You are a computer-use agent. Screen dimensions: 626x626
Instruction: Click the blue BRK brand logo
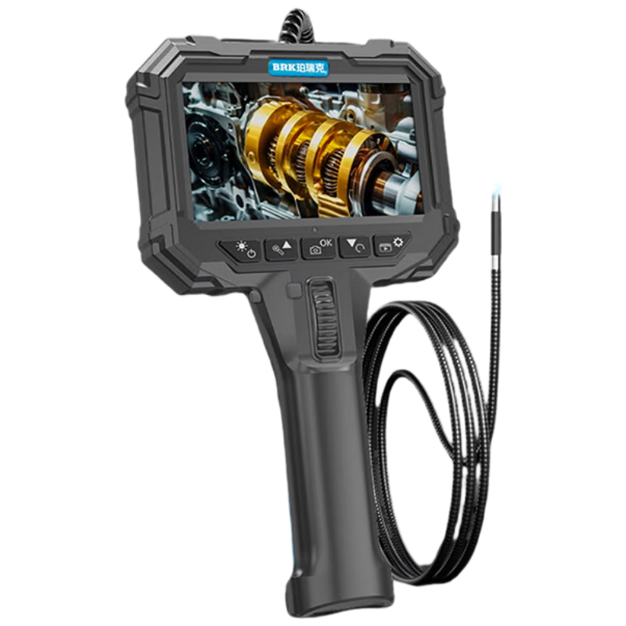tap(299, 67)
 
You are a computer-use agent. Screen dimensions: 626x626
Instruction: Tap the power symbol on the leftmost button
tap(251, 254)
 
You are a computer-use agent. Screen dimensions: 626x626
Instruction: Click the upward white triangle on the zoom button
tap(286, 244)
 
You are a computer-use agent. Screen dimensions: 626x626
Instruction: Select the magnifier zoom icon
tap(277, 250)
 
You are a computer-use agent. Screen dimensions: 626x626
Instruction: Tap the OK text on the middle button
tap(326, 243)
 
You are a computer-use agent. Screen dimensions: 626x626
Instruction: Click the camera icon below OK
tap(315, 250)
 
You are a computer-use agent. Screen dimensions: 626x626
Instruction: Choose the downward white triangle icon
tap(351, 243)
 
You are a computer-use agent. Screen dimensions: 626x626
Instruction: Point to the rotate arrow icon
tap(360, 249)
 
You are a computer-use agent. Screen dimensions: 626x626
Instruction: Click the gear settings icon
tap(398, 242)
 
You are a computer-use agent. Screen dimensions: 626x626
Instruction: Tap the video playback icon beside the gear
tap(385, 248)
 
